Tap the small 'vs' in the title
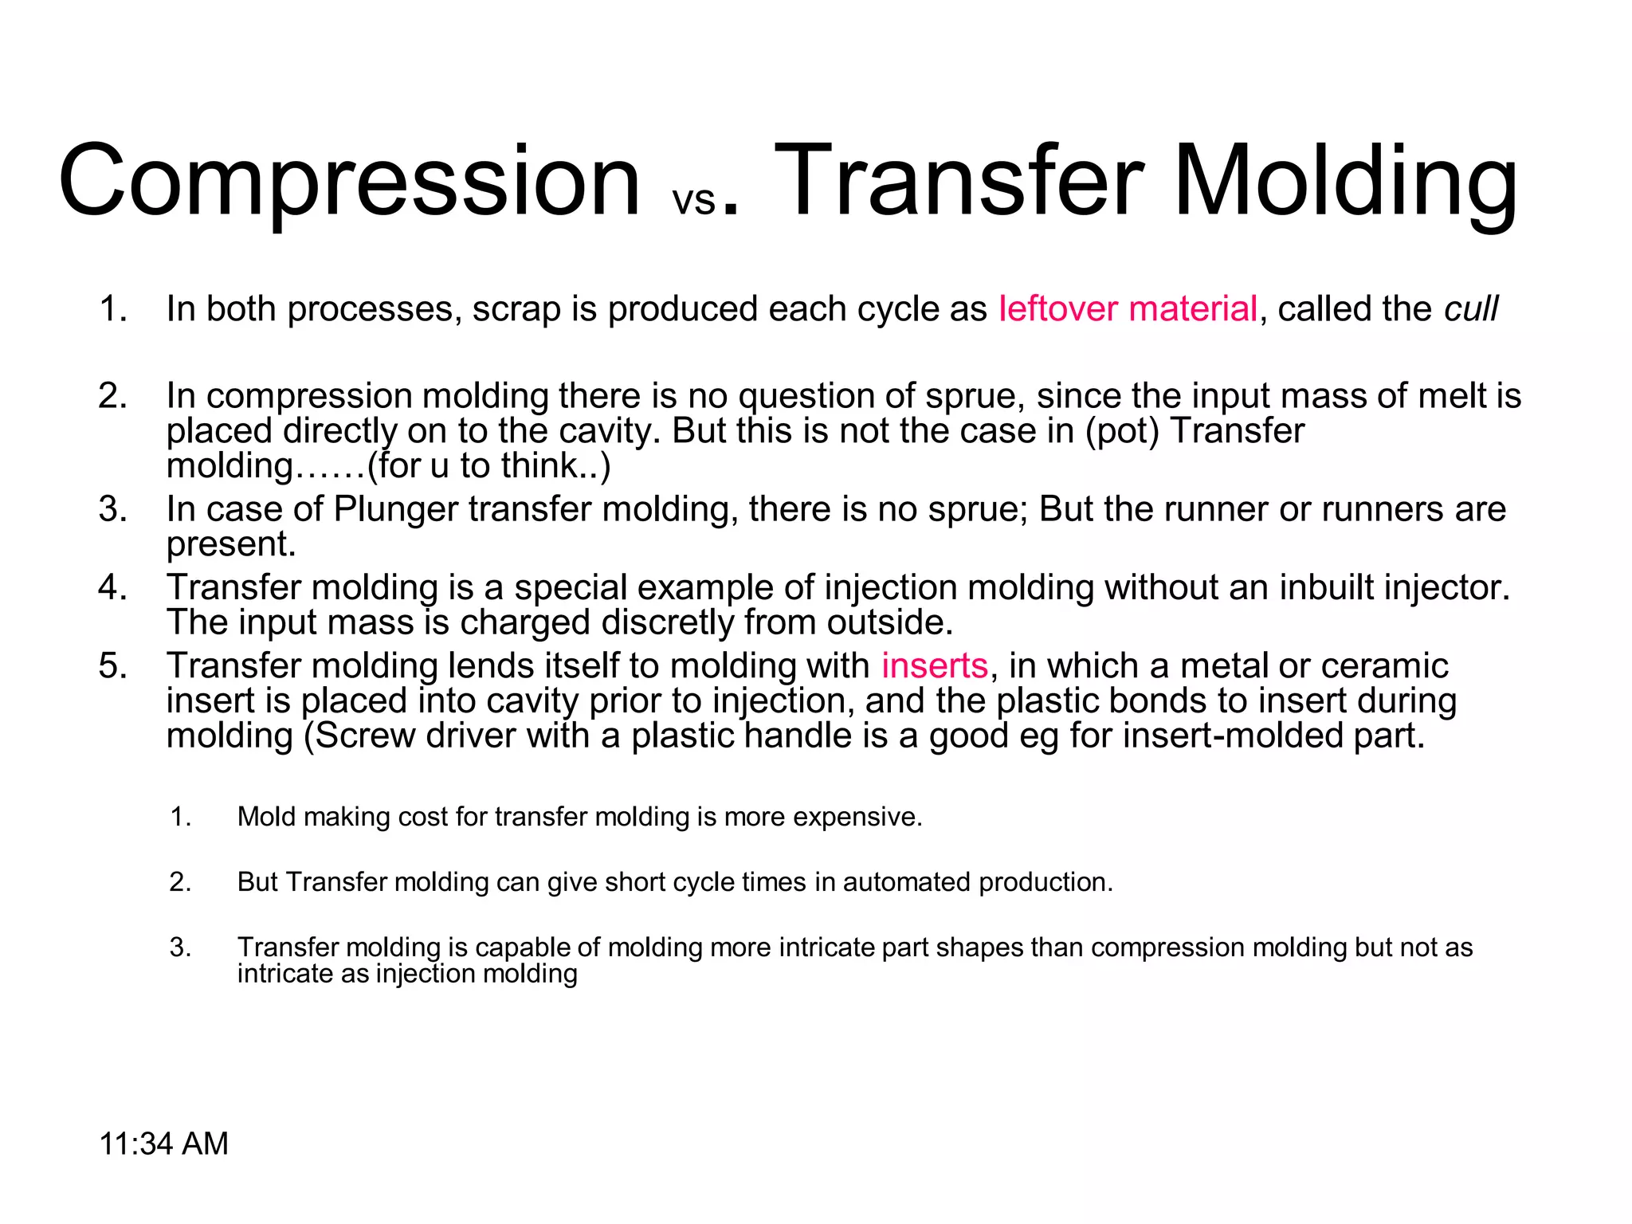point(694,200)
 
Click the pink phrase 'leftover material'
point(1128,309)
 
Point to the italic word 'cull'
point(1471,309)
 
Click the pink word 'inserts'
point(934,665)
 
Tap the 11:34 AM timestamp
point(163,1144)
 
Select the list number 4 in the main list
point(112,587)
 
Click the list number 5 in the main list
point(112,665)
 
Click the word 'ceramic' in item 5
point(1386,665)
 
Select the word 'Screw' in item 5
point(365,736)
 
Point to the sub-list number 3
point(180,947)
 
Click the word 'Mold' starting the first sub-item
point(266,817)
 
